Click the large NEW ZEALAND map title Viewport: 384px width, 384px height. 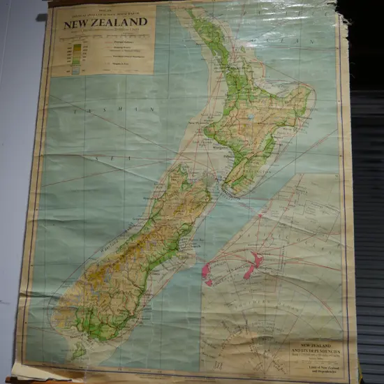(105, 22)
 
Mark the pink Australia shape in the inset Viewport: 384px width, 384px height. (207, 274)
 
